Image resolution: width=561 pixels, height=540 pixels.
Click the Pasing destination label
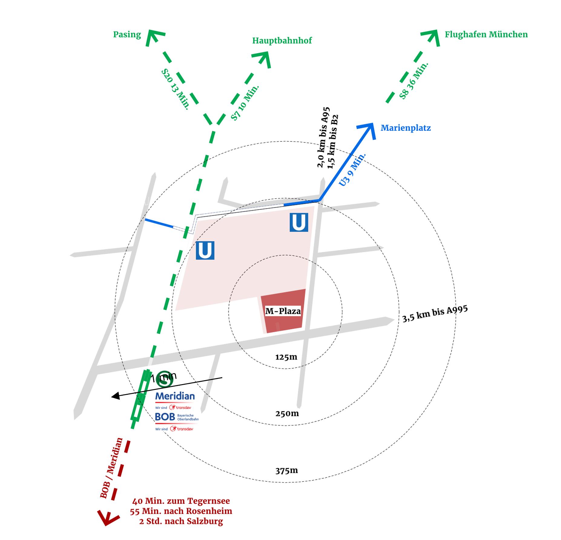127,35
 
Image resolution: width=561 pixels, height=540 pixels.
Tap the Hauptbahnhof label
282,41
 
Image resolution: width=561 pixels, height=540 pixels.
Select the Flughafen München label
486,35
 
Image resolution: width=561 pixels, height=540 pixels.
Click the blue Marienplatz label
405,128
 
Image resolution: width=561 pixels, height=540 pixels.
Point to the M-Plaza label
283,311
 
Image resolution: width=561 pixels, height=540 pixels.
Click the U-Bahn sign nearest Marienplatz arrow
299,222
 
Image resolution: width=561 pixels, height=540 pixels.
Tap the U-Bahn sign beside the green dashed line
205,250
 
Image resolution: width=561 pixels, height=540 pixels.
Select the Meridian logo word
175,396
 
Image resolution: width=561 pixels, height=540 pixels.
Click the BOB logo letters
165,417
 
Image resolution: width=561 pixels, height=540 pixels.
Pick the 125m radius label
286,357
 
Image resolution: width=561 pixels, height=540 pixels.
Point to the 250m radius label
287,414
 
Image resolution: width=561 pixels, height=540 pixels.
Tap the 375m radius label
286,471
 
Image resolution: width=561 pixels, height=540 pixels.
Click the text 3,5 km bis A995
435,314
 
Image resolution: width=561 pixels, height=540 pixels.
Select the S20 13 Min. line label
175,89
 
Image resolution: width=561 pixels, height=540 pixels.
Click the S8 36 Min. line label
414,81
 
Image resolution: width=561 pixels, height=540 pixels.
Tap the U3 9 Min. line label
352,170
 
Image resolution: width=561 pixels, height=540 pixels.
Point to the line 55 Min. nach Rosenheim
181,511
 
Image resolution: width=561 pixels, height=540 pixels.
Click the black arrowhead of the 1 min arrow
115,396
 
